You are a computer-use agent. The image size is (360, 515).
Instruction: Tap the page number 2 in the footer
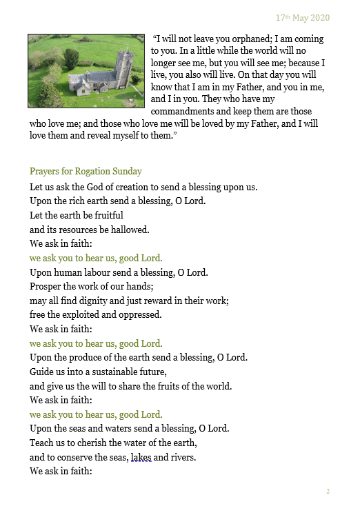(328, 492)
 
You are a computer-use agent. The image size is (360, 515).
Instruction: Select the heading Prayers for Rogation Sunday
(86, 171)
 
